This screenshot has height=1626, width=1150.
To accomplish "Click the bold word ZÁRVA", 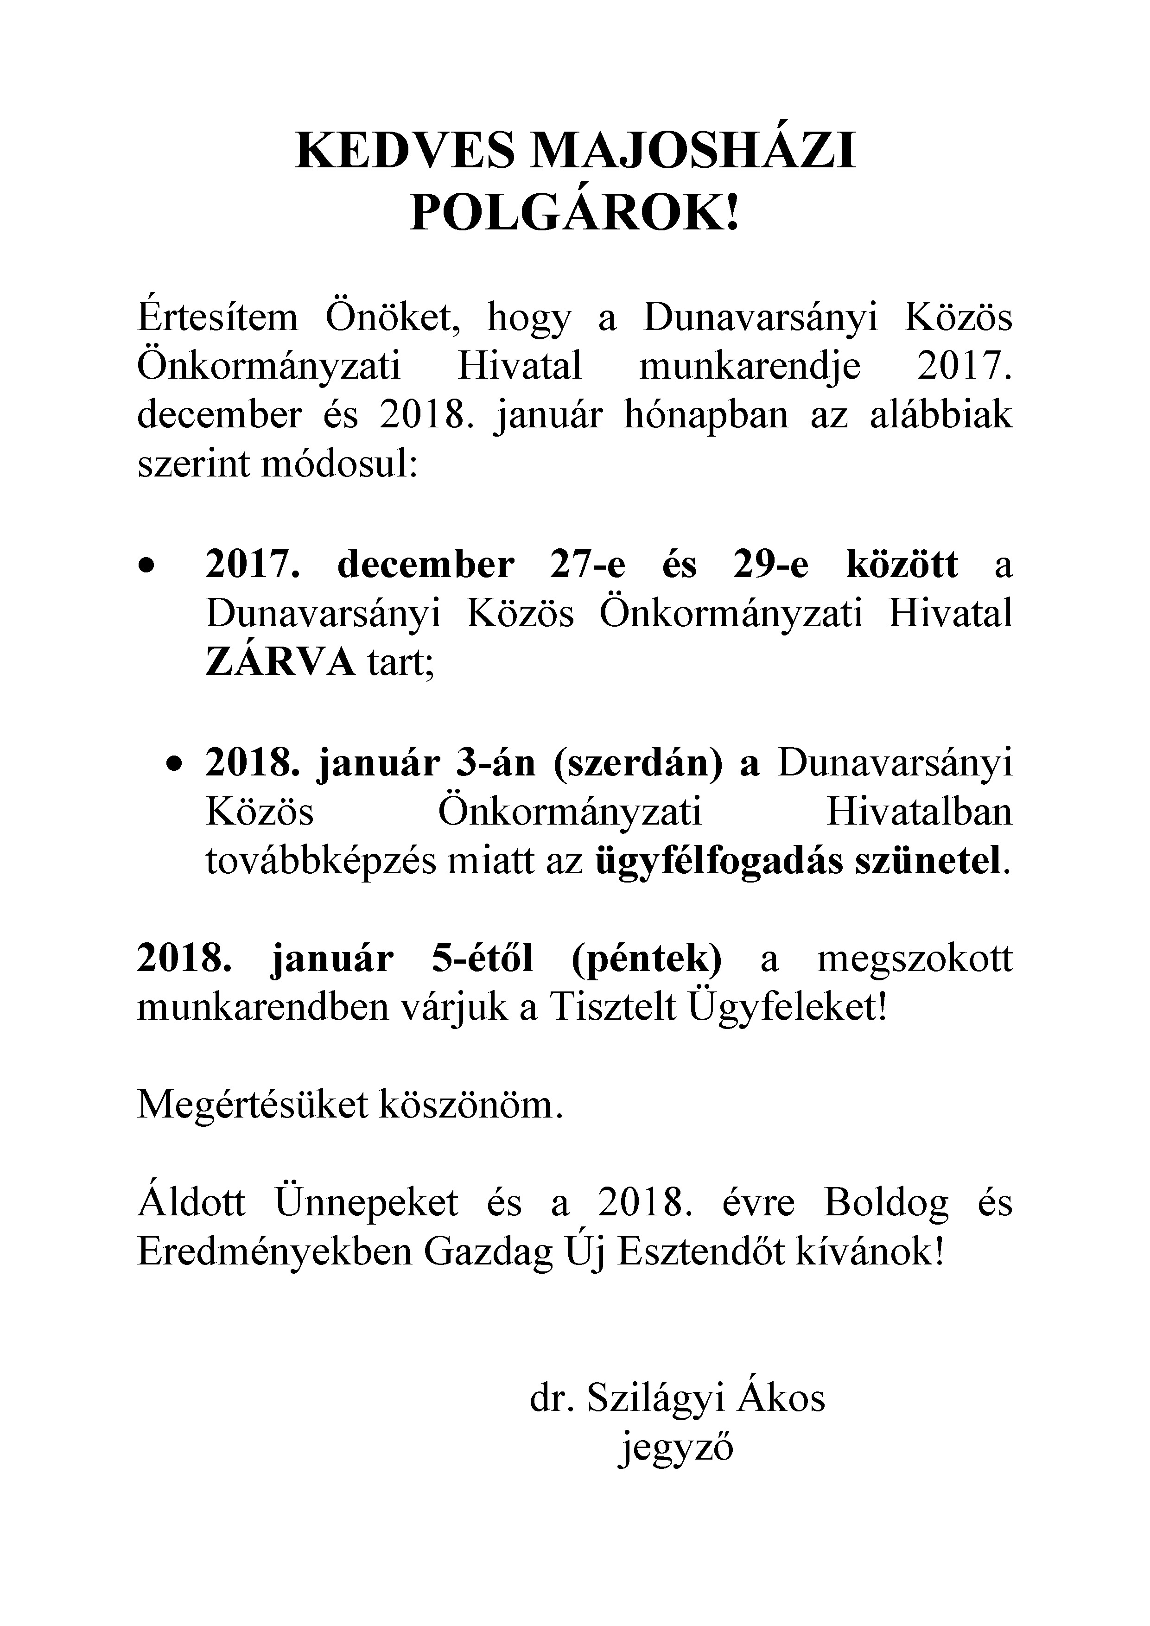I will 280,664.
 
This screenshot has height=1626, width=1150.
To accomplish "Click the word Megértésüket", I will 253,1106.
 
